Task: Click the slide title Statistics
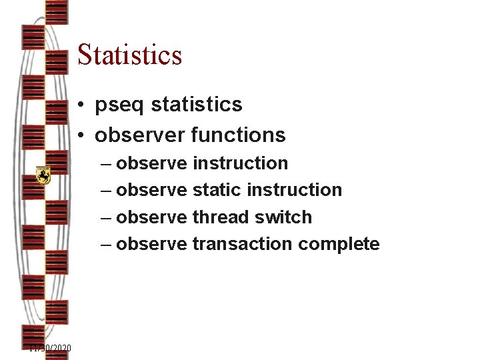[x=129, y=55]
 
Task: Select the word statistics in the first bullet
[x=197, y=105]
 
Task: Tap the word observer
[x=140, y=135]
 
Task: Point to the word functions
[x=238, y=135]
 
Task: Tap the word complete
[x=339, y=245]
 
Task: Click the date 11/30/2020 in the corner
[x=50, y=349]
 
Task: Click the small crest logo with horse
[x=43, y=175]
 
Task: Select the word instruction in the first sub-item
[x=240, y=163]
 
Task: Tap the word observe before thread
[x=151, y=217]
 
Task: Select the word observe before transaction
[x=151, y=244]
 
